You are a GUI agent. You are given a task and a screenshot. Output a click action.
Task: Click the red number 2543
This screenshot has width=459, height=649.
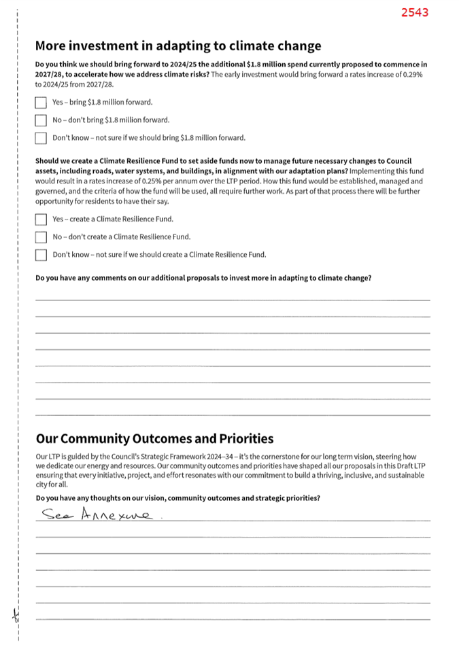pos(414,12)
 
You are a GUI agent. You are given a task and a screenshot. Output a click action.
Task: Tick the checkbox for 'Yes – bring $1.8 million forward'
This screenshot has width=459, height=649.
pos(41,103)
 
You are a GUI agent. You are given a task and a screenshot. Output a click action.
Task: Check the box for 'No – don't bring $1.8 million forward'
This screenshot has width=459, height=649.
pos(41,120)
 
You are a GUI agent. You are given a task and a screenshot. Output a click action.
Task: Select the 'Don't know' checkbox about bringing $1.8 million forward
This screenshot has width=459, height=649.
pos(41,138)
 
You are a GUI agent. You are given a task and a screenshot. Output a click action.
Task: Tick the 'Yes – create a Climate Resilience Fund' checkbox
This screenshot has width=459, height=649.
pos(41,220)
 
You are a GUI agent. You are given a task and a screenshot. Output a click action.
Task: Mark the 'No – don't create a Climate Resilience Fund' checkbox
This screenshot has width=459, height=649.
pos(41,237)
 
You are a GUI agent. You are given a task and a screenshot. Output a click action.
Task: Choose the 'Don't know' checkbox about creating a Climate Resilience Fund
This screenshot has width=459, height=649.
pos(41,255)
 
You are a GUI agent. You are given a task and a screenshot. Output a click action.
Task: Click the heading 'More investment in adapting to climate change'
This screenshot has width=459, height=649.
pos(178,46)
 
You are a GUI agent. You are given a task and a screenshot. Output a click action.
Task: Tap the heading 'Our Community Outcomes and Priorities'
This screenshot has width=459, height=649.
pos(154,438)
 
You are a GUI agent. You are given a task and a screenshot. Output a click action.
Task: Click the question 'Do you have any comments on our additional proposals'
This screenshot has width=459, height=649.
pos(203,278)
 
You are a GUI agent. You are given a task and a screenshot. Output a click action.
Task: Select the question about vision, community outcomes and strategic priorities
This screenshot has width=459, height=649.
pos(177,498)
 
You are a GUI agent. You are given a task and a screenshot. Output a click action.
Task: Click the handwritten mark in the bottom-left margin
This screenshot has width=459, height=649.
pos(15,615)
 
